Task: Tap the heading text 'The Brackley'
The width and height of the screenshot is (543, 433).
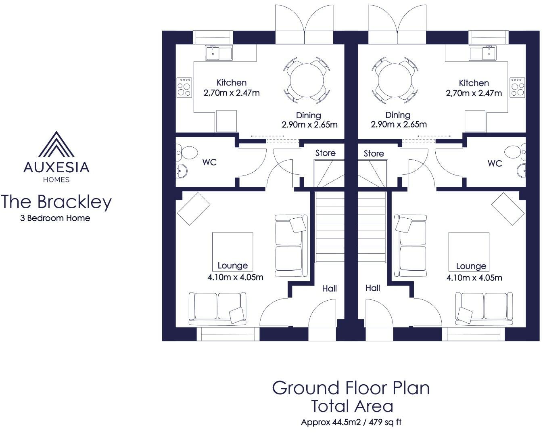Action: [x=56, y=202]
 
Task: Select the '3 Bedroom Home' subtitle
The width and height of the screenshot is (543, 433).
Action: [x=55, y=218]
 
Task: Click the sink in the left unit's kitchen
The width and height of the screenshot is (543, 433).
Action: [x=219, y=53]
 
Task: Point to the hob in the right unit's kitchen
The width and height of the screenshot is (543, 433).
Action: [x=517, y=88]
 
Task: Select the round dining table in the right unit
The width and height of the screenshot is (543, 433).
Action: [x=395, y=79]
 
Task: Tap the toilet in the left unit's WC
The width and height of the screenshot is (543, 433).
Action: [x=186, y=153]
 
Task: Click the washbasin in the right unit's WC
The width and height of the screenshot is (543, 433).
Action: [x=520, y=171]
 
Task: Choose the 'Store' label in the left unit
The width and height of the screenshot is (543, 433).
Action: [x=325, y=153]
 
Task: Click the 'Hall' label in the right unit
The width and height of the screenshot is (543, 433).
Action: [x=372, y=288]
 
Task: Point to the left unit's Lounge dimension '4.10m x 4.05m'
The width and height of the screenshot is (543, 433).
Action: [x=235, y=277]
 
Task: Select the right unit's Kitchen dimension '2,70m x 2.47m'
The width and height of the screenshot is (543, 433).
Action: [x=474, y=93]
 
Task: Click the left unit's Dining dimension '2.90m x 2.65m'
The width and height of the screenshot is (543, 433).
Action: [x=309, y=124]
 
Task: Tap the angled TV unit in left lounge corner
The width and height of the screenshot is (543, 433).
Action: [x=194, y=209]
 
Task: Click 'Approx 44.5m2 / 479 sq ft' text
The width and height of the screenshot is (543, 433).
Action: [x=351, y=423]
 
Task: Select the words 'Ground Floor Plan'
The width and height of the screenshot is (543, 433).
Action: [x=351, y=388]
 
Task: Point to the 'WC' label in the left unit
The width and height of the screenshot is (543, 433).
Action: [x=209, y=162]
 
